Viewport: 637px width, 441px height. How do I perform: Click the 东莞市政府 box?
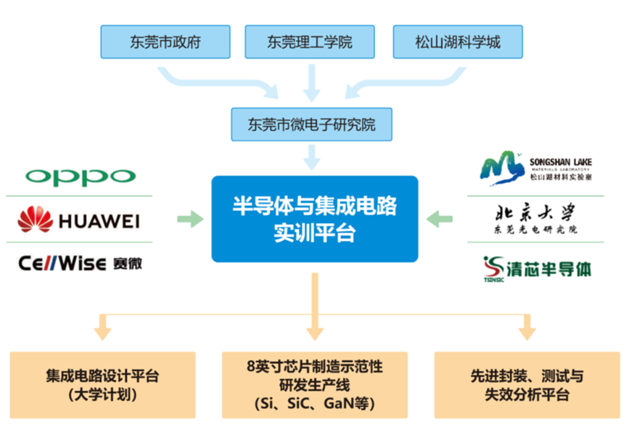pos(165,41)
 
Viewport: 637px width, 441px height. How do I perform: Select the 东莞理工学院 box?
pos(310,41)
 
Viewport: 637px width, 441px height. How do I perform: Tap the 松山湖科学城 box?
pos(457,41)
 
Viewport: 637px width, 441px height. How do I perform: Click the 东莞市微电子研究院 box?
pos(312,124)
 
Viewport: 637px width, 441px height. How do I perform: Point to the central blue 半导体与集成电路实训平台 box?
pos(314,219)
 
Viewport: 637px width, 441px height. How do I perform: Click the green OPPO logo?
pos(80,177)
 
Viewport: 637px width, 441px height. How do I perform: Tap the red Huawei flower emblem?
pos(36,219)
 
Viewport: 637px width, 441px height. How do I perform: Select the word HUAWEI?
pos(99,220)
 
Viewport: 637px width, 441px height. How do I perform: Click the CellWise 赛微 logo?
pos(80,262)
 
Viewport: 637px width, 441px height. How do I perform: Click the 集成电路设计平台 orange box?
pos(102,385)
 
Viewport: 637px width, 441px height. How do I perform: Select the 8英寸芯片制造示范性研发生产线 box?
pos(313,385)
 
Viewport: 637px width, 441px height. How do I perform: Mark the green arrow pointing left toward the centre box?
pos(440,217)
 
